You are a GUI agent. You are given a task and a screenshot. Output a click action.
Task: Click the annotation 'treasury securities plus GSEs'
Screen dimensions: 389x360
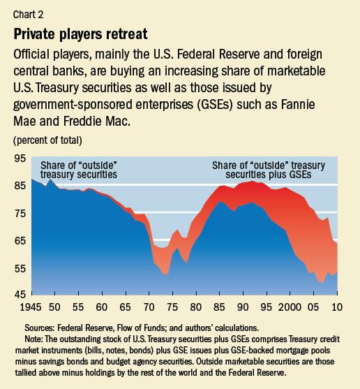[268, 174]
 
